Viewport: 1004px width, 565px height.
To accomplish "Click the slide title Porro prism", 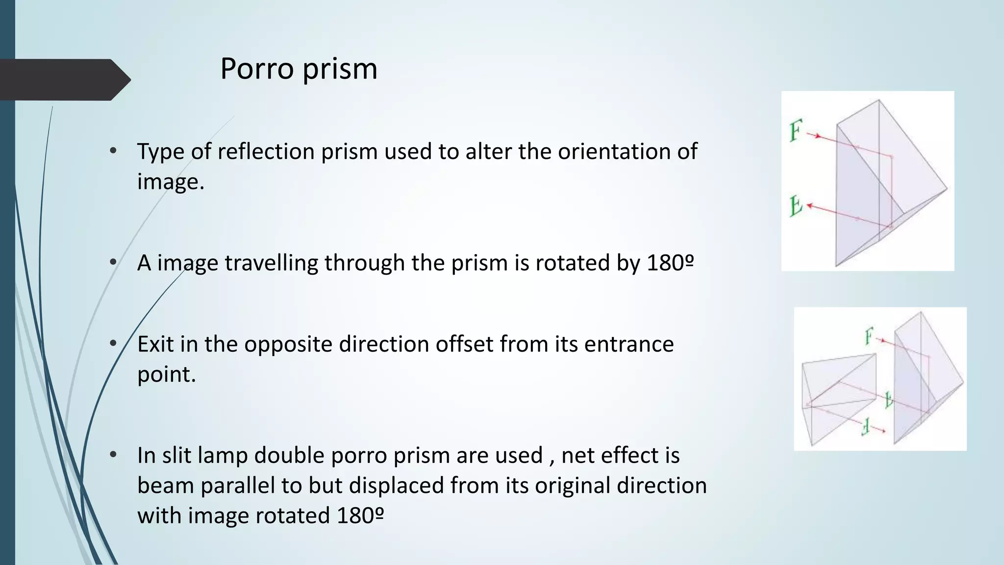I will click(299, 69).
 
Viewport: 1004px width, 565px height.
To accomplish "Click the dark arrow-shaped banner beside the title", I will click(64, 79).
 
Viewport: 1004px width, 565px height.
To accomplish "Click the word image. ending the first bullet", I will click(170, 182).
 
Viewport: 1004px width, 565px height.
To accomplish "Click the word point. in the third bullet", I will click(166, 375).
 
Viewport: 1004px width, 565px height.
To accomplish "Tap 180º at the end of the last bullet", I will click(360, 516).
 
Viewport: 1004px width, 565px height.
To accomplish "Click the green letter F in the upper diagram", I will click(795, 131).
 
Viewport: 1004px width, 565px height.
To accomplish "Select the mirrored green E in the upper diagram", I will click(796, 206).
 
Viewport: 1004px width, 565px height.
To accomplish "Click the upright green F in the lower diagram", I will click(869, 337).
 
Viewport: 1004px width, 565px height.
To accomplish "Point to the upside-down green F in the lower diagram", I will click(866, 427).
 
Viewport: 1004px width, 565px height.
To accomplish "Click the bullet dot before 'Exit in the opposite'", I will click(113, 343).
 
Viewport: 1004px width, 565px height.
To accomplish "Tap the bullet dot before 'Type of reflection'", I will click(113, 151).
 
